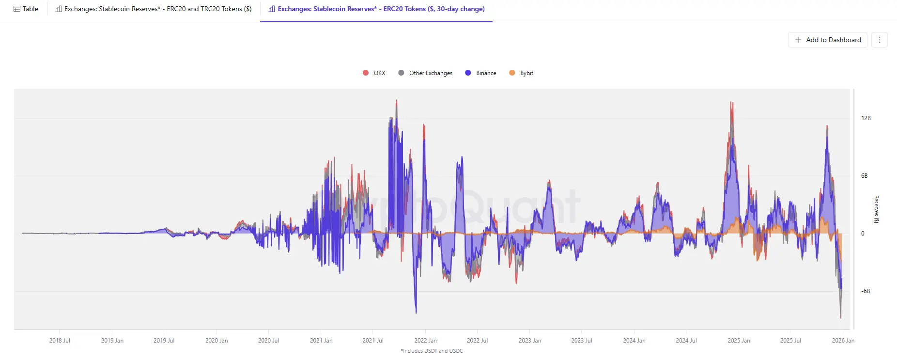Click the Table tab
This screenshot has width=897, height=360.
pos(26,9)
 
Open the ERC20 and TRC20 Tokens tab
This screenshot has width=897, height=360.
pos(154,9)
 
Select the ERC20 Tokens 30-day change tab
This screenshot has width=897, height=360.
pos(376,9)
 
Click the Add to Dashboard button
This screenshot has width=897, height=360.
pos(828,40)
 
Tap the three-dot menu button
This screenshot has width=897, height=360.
pos(880,40)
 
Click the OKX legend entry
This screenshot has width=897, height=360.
pos(374,73)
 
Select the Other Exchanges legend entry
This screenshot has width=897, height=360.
pos(426,73)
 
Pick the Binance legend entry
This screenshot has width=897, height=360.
pos(481,73)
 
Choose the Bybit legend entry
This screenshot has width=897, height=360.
pos(522,73)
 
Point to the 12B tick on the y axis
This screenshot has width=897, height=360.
pos(866,118)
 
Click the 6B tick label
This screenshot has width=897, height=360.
pos(864,176)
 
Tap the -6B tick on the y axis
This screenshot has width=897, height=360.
pos(865,291)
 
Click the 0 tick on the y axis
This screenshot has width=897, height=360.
pos(863,234)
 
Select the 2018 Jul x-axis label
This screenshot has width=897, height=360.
pos(60,341)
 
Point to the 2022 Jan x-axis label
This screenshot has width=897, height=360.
pos(425,341)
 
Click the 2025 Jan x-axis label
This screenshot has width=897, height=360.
pos(739,341)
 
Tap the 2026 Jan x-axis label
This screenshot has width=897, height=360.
pos(843,341)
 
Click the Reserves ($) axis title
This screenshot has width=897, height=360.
pos(876,209)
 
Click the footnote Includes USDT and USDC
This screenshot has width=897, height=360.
pos(432,351)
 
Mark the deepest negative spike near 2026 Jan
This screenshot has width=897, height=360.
pos(840,317)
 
